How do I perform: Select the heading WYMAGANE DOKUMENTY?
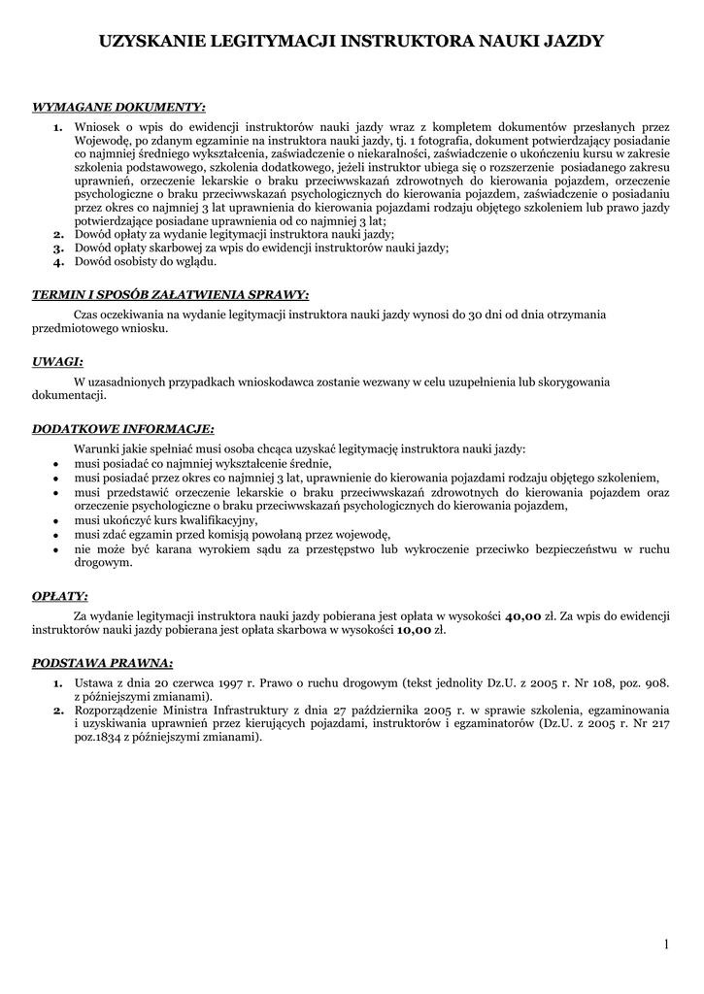[119, 106]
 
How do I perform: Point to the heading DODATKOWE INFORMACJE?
[123, 428]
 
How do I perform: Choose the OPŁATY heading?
[60, 595]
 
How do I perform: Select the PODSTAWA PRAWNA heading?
[103, 663]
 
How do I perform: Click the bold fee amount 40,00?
[522, 615]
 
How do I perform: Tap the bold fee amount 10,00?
[415, 630]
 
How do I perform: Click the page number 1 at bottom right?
[668, 944]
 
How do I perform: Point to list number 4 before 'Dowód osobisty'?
[58, 262]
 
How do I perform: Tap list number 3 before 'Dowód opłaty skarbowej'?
[58, 248]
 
